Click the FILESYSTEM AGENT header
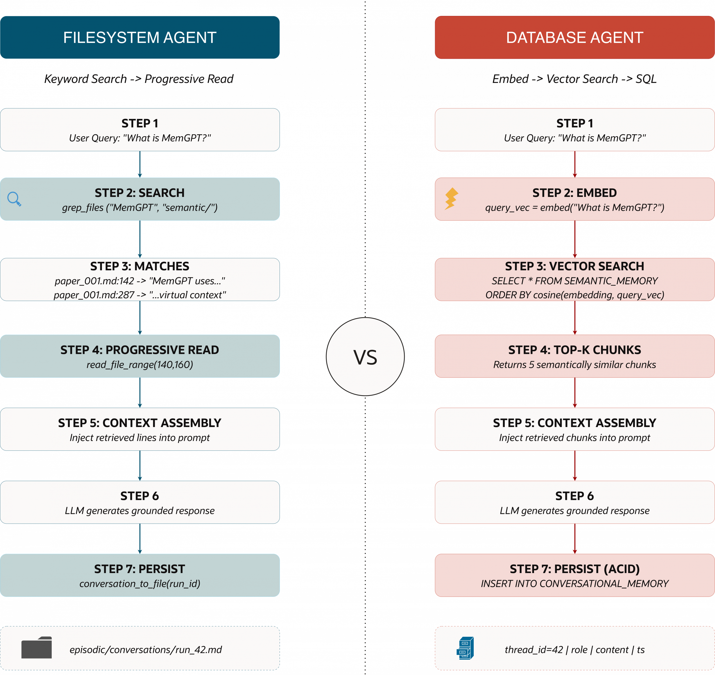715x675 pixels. point(140,37)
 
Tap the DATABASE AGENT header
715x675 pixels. point(575,37)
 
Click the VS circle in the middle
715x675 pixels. point(365,357)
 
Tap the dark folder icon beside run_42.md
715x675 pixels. point(36,648)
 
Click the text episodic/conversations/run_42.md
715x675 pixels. point(146,650)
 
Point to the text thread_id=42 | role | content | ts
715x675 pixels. point(575,650)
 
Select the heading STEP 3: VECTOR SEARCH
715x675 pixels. point(575,266)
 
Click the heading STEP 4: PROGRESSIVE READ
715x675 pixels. point(140,350)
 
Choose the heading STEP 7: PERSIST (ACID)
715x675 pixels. point(575,569)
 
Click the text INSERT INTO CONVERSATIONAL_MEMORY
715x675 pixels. point(575,584)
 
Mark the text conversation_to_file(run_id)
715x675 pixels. point(140,584)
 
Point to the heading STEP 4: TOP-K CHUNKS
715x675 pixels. point(575,350)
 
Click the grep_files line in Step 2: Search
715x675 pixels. point(140,207)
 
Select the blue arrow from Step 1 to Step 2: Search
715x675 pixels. point(140,164)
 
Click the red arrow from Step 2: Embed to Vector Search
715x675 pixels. point(575,239)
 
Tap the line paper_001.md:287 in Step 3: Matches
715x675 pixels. point(140,295)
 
